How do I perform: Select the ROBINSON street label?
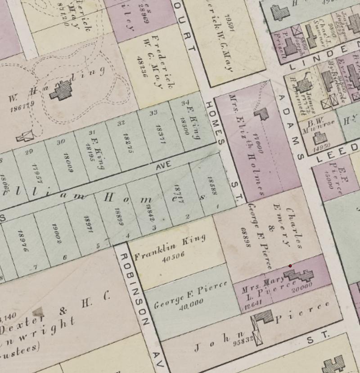133,288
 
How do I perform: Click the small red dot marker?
290,266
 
